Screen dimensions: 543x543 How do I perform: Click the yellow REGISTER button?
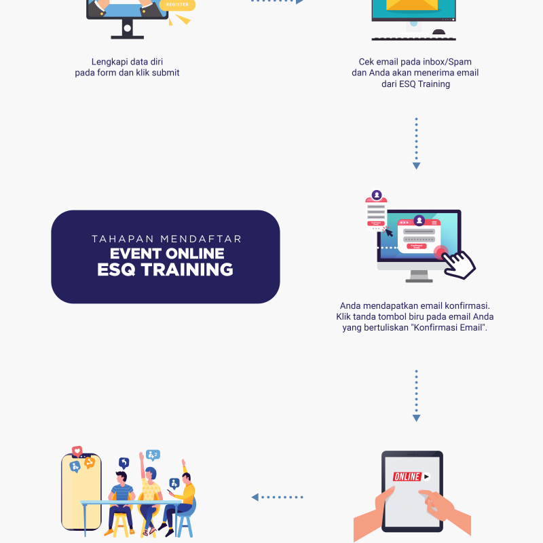click(177, 5)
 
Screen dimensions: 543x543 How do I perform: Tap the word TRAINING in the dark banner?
click(187, 269)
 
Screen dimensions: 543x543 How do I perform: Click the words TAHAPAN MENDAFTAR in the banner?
click(166, 239)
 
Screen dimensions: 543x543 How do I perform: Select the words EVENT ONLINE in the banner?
click(167, 253)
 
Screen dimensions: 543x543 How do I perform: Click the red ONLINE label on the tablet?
click(407, 476)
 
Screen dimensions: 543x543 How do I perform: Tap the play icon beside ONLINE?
click(426, 476)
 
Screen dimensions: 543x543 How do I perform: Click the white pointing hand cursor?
click(460, 265)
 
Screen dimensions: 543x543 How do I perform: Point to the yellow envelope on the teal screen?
click(412, 5)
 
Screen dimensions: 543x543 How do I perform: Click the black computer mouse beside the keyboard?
click(438, 32)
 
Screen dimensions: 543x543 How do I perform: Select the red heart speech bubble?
click(77, 451)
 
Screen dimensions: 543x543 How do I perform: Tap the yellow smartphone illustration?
click(81, 491)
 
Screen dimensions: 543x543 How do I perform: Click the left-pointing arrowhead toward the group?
click(255, 498)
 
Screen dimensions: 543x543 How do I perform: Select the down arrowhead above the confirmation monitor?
click(416, 166)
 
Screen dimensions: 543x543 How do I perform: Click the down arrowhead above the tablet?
click(416, 418)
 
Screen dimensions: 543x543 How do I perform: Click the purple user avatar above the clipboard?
click(377, 195)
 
